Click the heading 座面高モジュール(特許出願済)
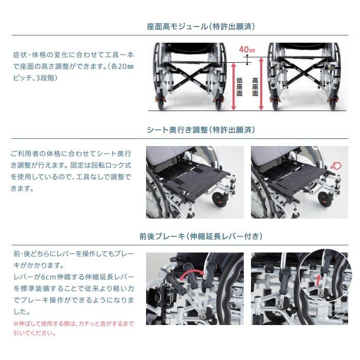tap(201, 26)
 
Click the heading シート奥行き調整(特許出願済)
tap(201, 130)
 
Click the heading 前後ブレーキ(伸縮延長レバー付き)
tap(201, 237)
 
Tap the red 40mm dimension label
tap(247, 49)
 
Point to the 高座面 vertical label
tap(255, 86)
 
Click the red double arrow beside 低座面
tap(233, 86)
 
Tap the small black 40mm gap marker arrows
tap(247, 60)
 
